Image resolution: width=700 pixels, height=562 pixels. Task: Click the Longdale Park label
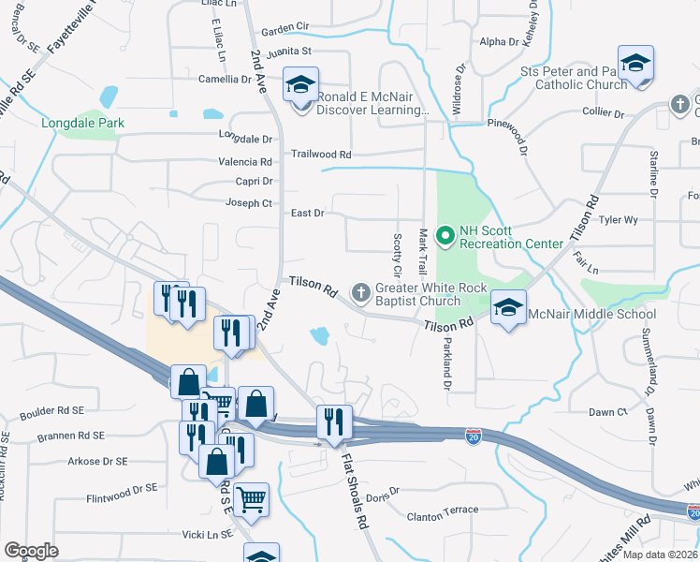pyautogui.click(x=78, y=122)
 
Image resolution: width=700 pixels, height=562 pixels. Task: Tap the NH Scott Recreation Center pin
pyautogui.click(x=445, y=235)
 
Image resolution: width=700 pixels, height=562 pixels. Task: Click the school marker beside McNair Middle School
pyautogui.click(x=507, y=310)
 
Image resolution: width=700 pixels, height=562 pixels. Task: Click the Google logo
pyautogui.click(x=31, y=550)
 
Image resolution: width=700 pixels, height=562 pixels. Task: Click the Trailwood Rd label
pyautogui.click(x=320, y=154)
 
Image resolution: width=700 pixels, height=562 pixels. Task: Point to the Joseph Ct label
pyautogui.click(x=248, y=203)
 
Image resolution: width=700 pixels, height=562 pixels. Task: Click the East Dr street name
pyautogui.click(x=307, y=214)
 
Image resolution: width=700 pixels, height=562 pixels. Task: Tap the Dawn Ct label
pyautogui.click(x=607, y=412)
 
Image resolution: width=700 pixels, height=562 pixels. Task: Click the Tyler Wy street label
pyautogui.click(x=618, y=220)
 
